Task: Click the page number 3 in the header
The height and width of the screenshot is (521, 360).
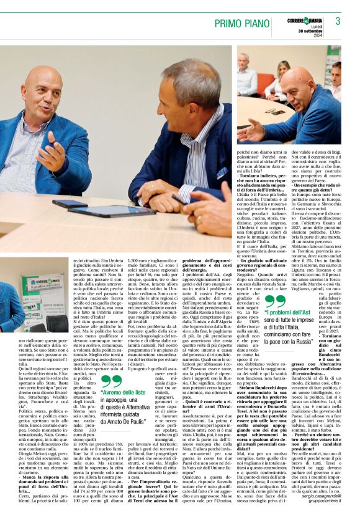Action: (338, 20)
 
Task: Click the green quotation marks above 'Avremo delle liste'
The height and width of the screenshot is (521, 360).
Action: (112, 381)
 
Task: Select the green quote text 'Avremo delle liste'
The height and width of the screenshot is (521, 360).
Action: (127, 393)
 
